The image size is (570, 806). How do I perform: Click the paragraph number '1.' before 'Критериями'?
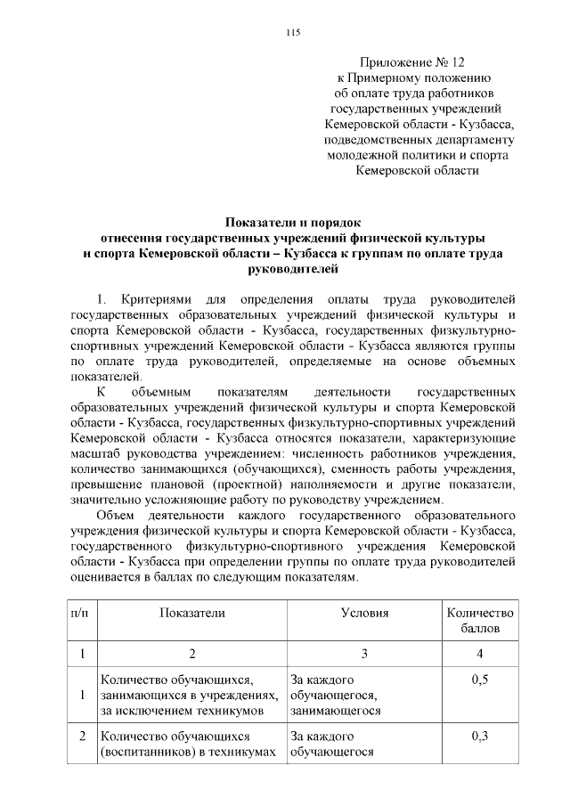pos(101,298)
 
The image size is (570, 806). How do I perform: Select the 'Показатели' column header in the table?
pos(192,614)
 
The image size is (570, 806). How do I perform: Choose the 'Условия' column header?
pos(365,614)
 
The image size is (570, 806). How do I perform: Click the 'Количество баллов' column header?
pos(480,621)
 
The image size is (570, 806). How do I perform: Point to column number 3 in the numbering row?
pos(365,655)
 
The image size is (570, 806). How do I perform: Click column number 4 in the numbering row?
pos(480,655)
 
